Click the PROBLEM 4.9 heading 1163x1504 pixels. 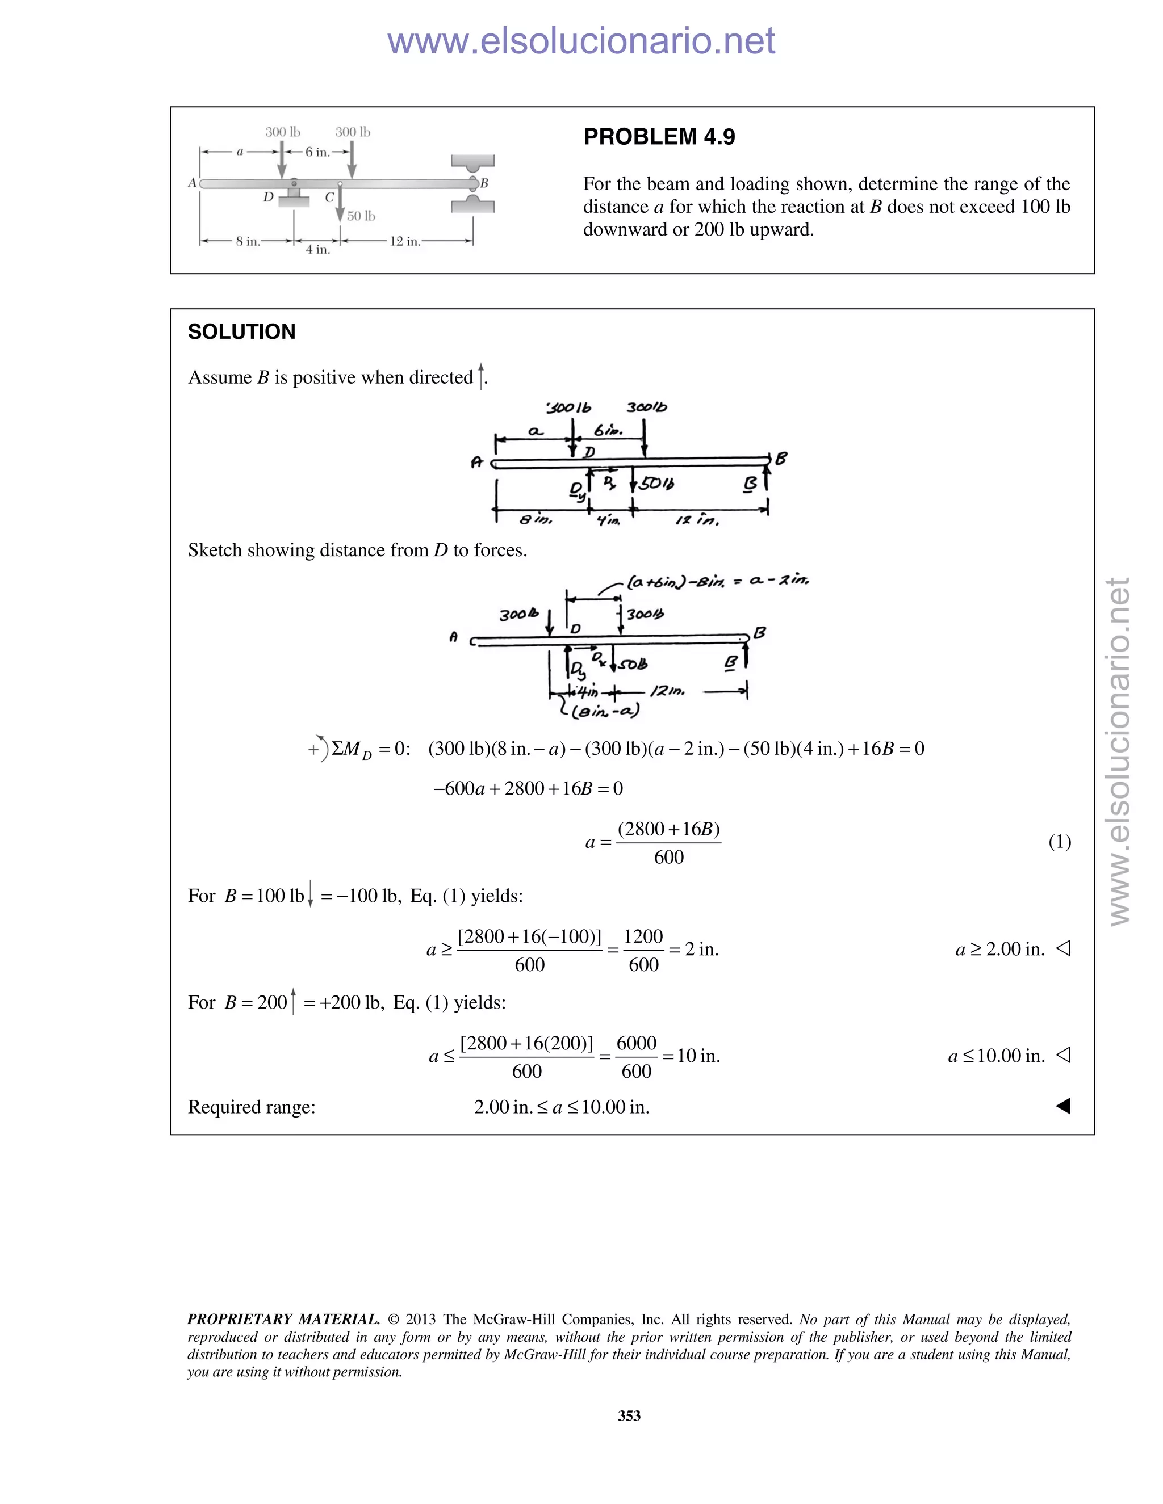[659, 137]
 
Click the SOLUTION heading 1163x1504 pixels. [241, 332]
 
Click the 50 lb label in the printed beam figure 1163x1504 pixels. [361, 216]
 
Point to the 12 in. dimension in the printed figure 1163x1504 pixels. [404, 242]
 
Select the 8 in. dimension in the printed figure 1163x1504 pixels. [248, 242]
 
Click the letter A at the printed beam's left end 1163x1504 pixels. [193, 183]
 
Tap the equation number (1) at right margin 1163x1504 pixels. [1059, 842]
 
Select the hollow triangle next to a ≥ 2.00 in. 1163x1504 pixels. [1063, 948]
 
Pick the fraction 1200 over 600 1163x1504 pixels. [643, 950]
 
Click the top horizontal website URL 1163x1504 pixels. [581, 41]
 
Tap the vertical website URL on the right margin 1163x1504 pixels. [1118, 751]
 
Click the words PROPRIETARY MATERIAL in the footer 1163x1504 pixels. [283, 1319]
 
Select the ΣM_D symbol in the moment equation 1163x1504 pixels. [351, 750]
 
